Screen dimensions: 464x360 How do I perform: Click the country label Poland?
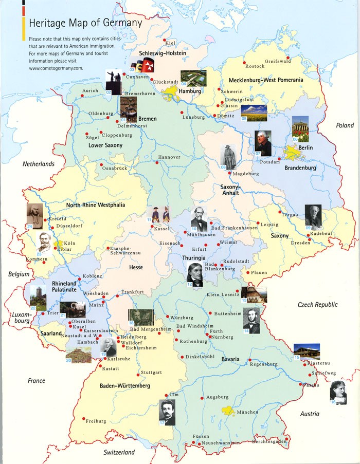(x=345, y=125)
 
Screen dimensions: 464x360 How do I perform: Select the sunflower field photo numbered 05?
(x=254, y=113)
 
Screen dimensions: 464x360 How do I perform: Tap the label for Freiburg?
(x=96, y=421)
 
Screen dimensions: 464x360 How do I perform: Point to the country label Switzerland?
(x=119, y=453)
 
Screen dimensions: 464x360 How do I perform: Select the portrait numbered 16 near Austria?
(x=338, y=392)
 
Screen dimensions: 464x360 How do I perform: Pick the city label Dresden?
(x=300, y=243)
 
